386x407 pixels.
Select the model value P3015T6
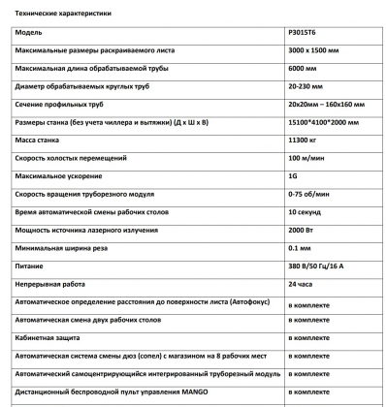tap(306, 33)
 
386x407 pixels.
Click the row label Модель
tap(29, 33)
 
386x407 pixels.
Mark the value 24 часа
tap(303, 284)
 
